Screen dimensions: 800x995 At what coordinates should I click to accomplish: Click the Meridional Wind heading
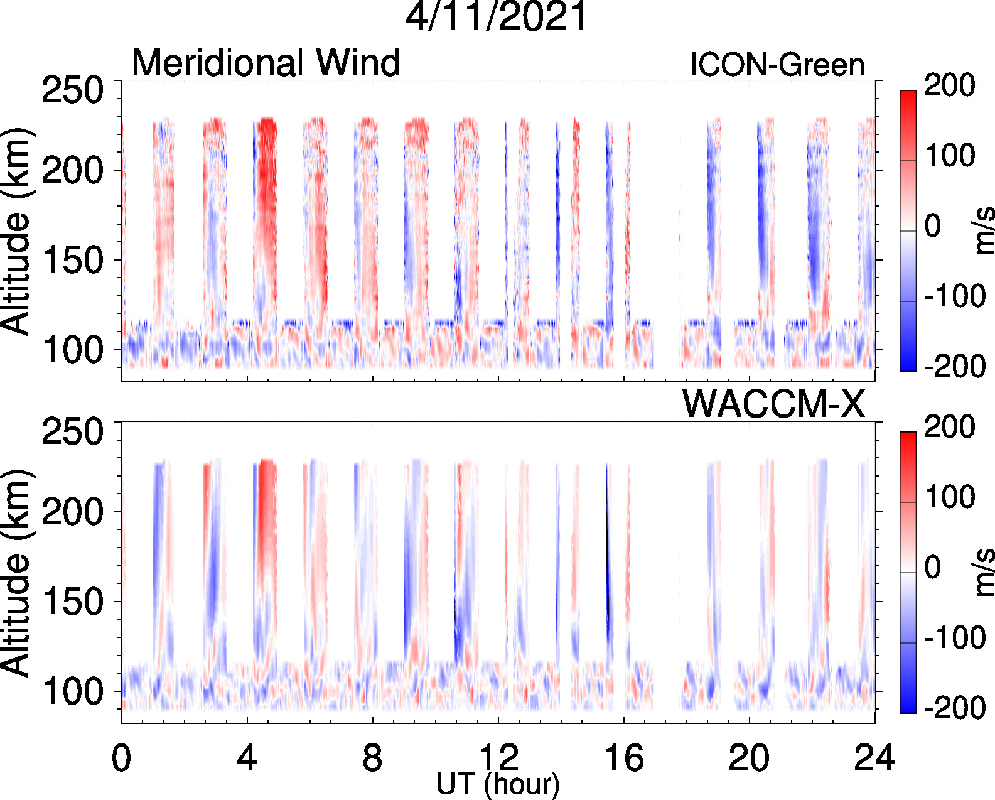(x=266, y=63)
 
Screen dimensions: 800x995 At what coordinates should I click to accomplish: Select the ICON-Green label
(x=777, y=65)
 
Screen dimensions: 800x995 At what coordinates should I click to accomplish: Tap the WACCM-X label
(x=773, y=404)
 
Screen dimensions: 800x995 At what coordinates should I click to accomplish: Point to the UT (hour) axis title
(x=498, y=784)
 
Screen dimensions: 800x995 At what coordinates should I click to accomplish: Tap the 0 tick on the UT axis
(x=121, y=759)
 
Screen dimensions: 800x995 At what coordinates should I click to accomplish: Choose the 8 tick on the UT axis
(x=372, y=759)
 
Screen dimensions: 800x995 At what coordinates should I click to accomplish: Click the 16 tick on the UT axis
(x=624, y=759)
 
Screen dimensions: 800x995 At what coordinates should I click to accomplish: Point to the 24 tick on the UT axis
(x=874, y=759)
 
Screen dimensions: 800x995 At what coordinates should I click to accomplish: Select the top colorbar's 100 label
(x=949, y=155)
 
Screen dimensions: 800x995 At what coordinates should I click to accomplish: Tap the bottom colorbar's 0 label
(x=932, y=568)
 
